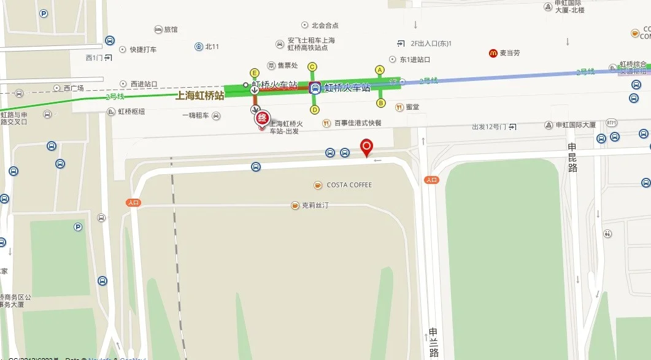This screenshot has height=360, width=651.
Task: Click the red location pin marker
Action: pos(367,147)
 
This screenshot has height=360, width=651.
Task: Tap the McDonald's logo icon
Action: pos(493,53)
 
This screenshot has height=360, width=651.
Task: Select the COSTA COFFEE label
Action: pos(349,185)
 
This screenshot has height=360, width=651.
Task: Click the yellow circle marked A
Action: pos(380,70)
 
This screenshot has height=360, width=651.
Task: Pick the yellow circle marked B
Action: pos(380,102)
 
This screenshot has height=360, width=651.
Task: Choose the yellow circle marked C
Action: pos(312,67)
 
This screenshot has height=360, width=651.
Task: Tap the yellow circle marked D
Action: pos(315,110)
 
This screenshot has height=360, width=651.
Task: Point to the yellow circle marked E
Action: pos(253,72)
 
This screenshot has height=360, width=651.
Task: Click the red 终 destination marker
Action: pos(261,118)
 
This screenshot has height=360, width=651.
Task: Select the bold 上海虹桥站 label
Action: pos(199,95)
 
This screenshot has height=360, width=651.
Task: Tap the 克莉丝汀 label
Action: pos(315,205)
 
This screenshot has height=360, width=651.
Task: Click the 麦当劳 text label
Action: pos(509,53)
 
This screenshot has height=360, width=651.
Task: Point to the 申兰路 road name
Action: pos(433,342)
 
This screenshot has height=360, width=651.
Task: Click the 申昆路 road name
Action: pos(572,158)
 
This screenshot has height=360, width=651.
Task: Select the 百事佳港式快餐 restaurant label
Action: pos(358,123)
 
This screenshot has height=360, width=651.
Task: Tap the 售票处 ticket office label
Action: pos(287,66)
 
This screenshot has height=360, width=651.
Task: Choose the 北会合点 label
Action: pos(325,25)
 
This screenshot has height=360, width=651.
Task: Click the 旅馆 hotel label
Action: pos(171,29)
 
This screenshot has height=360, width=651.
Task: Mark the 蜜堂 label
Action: pos(412,107)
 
